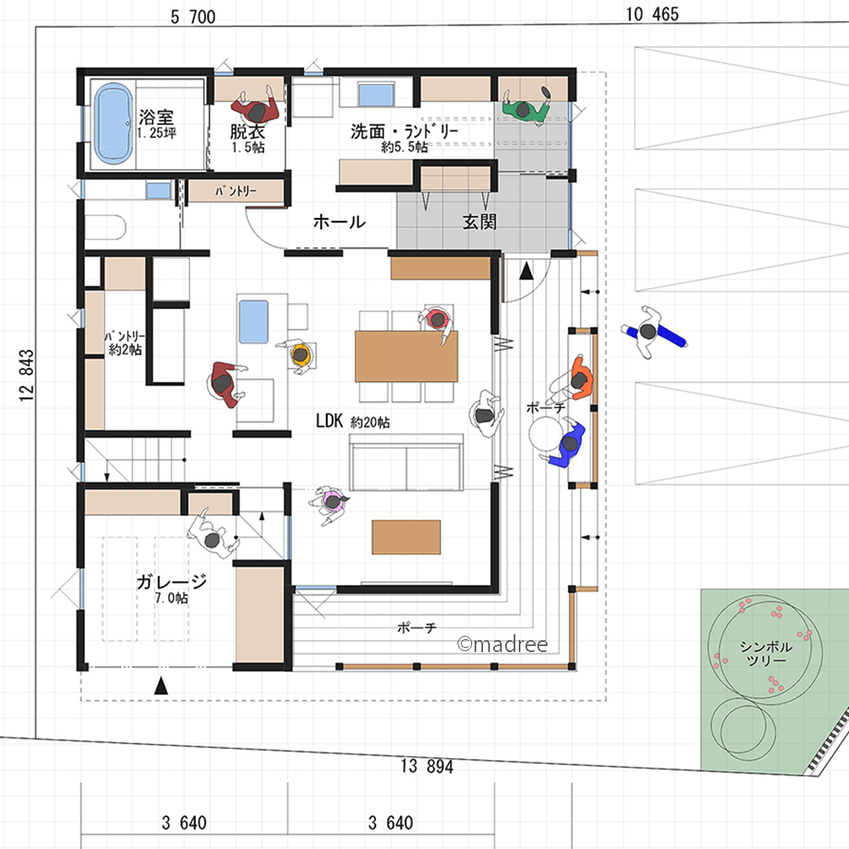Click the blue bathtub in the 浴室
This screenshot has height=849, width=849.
[113, 123]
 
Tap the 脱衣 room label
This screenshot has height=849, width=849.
[247, 132]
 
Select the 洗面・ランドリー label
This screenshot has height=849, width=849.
[404, 131]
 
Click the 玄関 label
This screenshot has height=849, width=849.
[479, 222]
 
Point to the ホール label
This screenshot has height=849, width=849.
[340, 222]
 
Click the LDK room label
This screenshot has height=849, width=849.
[329, 421]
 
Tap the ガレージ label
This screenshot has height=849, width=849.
[171, 582]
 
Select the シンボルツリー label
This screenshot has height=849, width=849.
[766, 654]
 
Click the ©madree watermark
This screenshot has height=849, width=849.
[503, 644]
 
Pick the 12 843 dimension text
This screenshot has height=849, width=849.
[26, 375]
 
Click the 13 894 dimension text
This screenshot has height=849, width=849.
[427, 766]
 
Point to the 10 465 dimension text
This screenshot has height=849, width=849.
[652, 14]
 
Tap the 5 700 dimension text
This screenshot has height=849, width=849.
[193, 17]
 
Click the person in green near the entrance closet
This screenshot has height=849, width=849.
[525, 108]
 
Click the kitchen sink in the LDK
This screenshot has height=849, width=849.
[253, 322]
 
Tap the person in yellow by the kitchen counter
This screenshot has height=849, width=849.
[298, 355]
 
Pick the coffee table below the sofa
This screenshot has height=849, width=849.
[406, 537]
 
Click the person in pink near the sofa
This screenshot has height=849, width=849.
[329, 503]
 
